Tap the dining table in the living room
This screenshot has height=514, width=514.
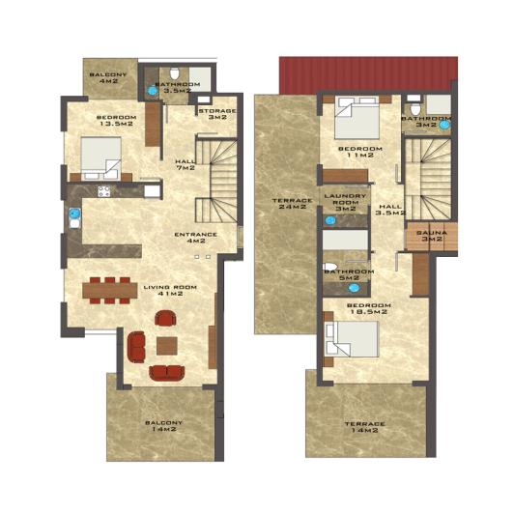[107, 287]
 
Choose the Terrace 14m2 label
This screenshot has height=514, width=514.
[365, 429]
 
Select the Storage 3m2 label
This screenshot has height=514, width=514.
[217, 114]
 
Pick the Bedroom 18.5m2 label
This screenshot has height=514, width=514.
[367, 309]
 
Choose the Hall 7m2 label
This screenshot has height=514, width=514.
[186, 164]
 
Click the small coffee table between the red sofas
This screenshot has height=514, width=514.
[167, 345]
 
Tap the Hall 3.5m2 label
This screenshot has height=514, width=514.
[390, 210]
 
